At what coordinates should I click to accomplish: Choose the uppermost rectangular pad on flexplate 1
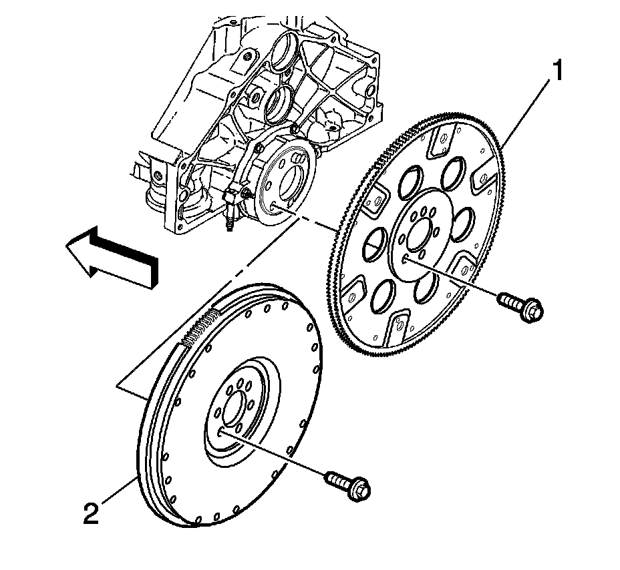[x=439, y=142]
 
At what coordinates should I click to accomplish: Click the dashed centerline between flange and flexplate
[x=314, y=220]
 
